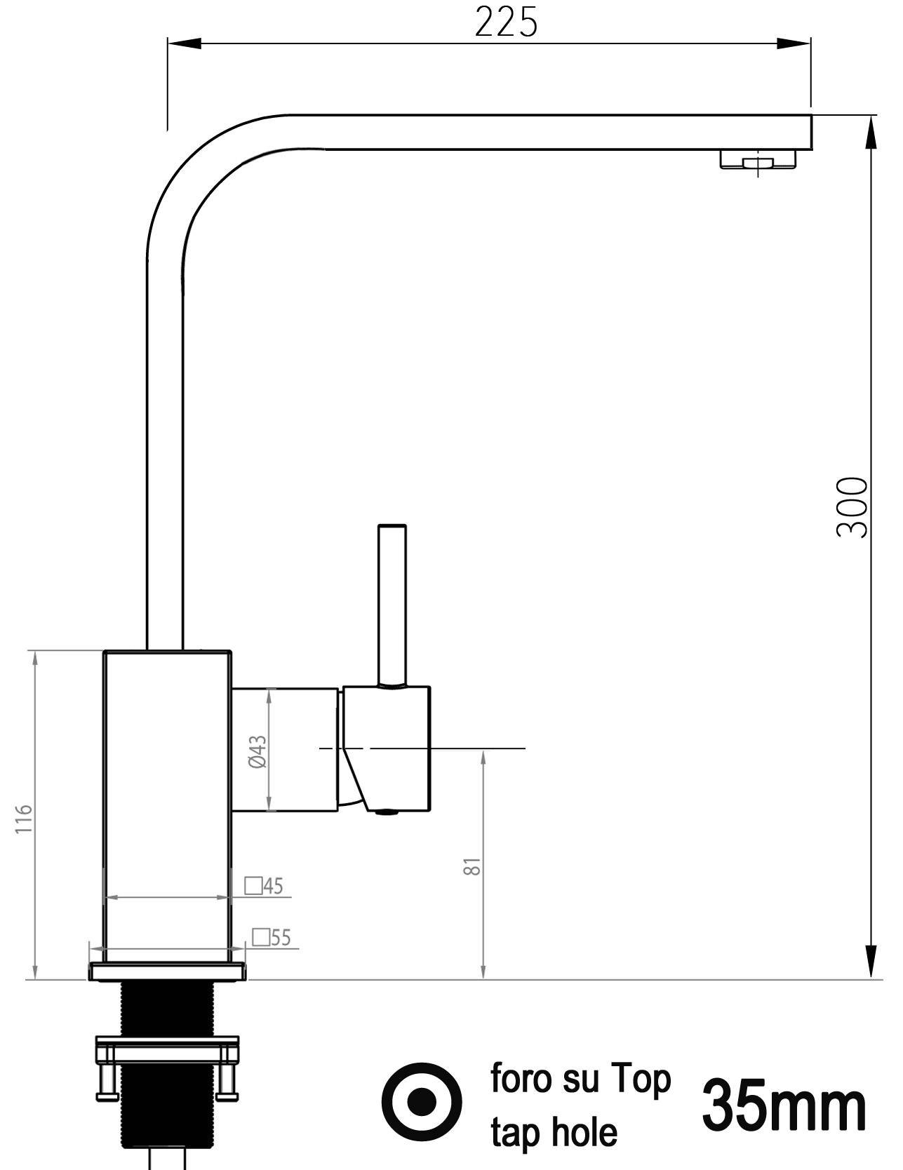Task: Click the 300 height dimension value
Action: point(852,507)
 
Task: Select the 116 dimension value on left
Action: point(24,819)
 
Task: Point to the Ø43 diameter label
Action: point(258,751)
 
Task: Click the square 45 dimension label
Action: point(265,886)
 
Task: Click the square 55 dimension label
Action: point(272,937)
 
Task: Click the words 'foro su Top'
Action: point(580,1078)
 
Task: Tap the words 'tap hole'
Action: point(554,1131)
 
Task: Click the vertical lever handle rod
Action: point(392,603)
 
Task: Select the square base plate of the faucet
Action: point(168,971)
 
